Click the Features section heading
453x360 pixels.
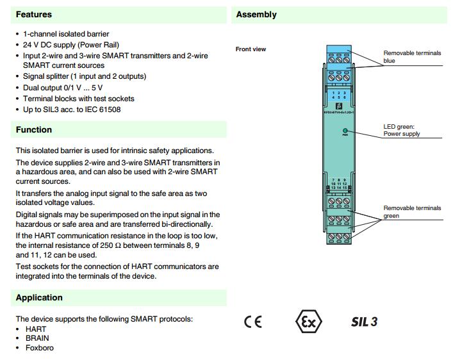pyautogui.click(x=34, y=14)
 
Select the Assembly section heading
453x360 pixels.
pyautogui.click(x=256, y=14)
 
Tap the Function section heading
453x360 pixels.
pyautogui.click(x=34, y=129)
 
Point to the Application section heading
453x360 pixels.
pyautogui.click(x=39, y=297)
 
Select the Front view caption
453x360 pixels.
pyautogui.click(x=251, y=49)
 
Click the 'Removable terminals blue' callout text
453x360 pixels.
pyautogui.click(x=412, y=57)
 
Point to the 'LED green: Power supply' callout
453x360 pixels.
pyautogui.click(x=402, y=130)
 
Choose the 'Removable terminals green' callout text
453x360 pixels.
pyautogui.click(x=412, y=212)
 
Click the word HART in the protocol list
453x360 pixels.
pyautogui.click(x=36, y=329)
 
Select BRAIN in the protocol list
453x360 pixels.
pyautogui.click(x=37, y=338)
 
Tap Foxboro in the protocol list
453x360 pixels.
pyautogui.click(x=40, y=348)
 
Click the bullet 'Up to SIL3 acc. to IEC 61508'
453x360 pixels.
pyautogui.click(x=72, y=110)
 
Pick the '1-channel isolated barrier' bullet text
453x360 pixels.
pyautogui.click(x=66, y=34)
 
